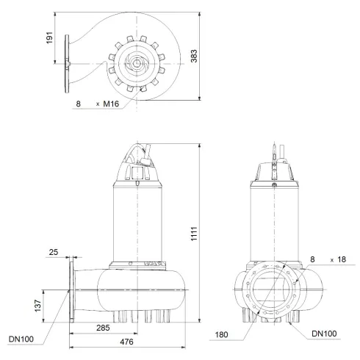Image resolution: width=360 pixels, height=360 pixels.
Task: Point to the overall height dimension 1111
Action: click(211, 231)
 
